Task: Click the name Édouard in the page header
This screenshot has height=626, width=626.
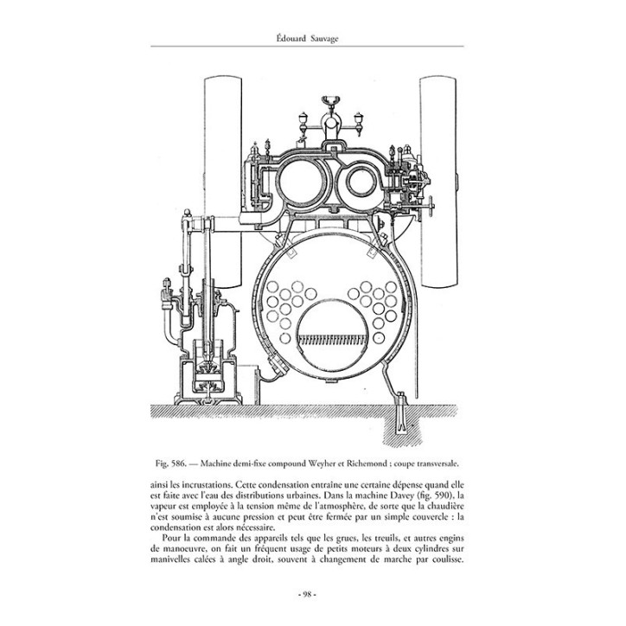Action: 291,38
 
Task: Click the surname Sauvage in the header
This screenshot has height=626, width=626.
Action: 324,39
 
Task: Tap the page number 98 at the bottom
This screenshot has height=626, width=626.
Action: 307,594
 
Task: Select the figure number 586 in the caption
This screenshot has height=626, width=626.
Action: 177,464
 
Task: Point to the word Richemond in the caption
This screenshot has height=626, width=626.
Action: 366,464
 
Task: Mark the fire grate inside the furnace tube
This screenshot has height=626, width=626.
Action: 332,339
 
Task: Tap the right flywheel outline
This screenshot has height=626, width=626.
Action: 438,182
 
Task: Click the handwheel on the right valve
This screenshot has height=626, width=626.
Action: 431,207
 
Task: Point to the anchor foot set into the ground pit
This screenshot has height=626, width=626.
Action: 401,415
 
